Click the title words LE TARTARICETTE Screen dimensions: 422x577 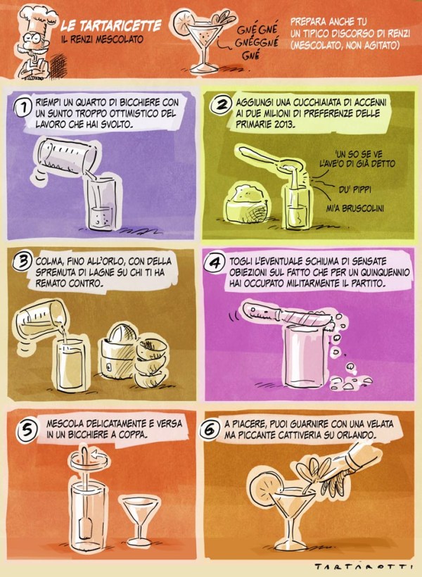tap(111, 26)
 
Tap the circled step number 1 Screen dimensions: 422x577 tap(23, 108)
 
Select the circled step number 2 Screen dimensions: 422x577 tap(220, 105)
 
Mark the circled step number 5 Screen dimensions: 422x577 tap(27, 429)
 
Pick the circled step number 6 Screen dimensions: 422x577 tap(210, 429)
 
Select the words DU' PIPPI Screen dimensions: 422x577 tap(354, 190)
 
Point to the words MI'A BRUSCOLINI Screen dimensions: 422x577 tap(355, 209)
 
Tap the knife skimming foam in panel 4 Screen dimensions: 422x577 tap(288, 315)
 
